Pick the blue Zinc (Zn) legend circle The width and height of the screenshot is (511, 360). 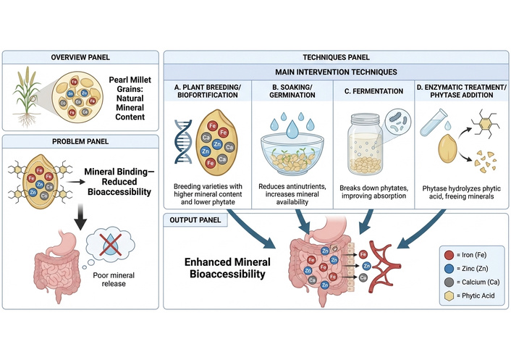[x=450, y=268]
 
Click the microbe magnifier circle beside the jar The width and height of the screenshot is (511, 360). [x=399, y=119]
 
